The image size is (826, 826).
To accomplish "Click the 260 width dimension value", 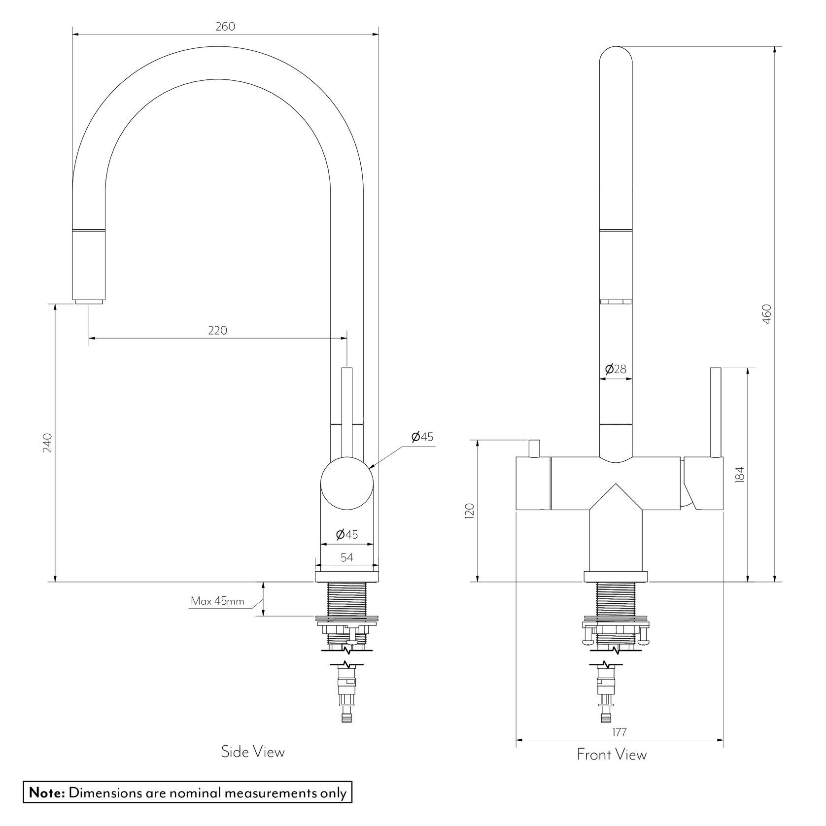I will point(225,27).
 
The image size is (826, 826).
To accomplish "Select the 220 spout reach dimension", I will point(217,330).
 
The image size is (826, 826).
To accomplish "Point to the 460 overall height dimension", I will point(766,314).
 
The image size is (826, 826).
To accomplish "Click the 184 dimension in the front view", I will point(739,475).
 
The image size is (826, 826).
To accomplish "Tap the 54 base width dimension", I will point(347,557).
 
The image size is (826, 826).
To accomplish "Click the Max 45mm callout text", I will point(217,601).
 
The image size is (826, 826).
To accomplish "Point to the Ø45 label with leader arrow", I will point(422,437).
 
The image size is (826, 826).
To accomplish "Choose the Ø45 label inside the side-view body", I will point(347,534).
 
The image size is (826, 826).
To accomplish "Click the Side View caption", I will point(253,752).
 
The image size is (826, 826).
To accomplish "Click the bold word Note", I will point(47,793).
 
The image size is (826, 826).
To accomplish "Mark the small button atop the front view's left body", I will point(533,448).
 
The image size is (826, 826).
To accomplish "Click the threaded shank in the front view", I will point(615,598).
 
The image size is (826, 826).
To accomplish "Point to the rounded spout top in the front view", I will point(616,57).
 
